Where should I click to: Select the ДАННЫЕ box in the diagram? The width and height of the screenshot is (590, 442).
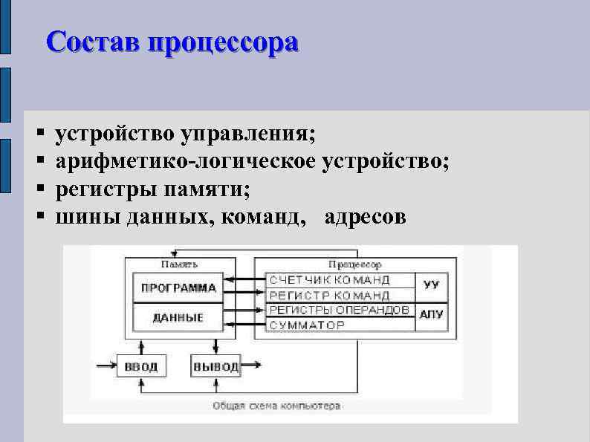click(178, 317)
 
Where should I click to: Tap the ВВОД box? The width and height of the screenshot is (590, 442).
click(141, 366)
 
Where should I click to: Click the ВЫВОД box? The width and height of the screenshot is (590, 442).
click(215, 366)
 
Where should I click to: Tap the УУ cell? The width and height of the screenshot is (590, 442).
click(431, 285)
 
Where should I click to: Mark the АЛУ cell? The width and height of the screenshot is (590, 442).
click(431, 315)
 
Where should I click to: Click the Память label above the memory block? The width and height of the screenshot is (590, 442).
click(179, 264)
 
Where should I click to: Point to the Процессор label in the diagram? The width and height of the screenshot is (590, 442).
click(354, 264)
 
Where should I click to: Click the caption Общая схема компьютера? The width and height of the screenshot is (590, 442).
click(276, 406)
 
